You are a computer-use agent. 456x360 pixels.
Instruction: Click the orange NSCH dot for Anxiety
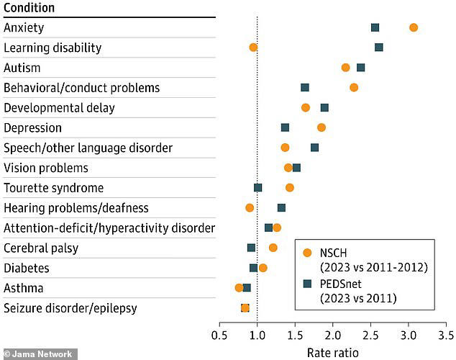[413, 27]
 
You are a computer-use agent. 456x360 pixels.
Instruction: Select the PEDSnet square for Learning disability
[379, 48]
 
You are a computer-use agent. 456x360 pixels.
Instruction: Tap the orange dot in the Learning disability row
[253, 48]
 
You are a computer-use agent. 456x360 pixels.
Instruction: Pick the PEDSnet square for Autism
[360, 68]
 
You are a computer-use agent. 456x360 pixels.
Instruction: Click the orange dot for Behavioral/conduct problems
[354, 88]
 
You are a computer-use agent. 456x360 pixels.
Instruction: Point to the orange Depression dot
[322, 127]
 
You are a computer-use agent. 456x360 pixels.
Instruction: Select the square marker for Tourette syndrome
[258, 188]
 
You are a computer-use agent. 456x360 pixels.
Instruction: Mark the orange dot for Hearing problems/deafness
[250, 207]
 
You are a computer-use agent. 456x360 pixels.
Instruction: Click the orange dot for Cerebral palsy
[273, 248]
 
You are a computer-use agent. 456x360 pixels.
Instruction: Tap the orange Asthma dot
[240, 288]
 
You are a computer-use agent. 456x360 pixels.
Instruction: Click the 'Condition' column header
[29, 8]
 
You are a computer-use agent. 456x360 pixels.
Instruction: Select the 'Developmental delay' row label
[59, 108]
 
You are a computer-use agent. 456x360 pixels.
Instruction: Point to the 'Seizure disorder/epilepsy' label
[70, 308]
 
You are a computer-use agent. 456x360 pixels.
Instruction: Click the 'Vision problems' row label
[46, 168]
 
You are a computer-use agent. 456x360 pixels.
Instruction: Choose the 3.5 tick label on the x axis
[446, 336]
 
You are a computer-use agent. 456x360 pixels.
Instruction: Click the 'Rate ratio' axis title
[332, 352]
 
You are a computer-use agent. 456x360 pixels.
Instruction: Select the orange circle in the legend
[308, 253]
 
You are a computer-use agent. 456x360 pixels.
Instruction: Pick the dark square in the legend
[308, 283]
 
